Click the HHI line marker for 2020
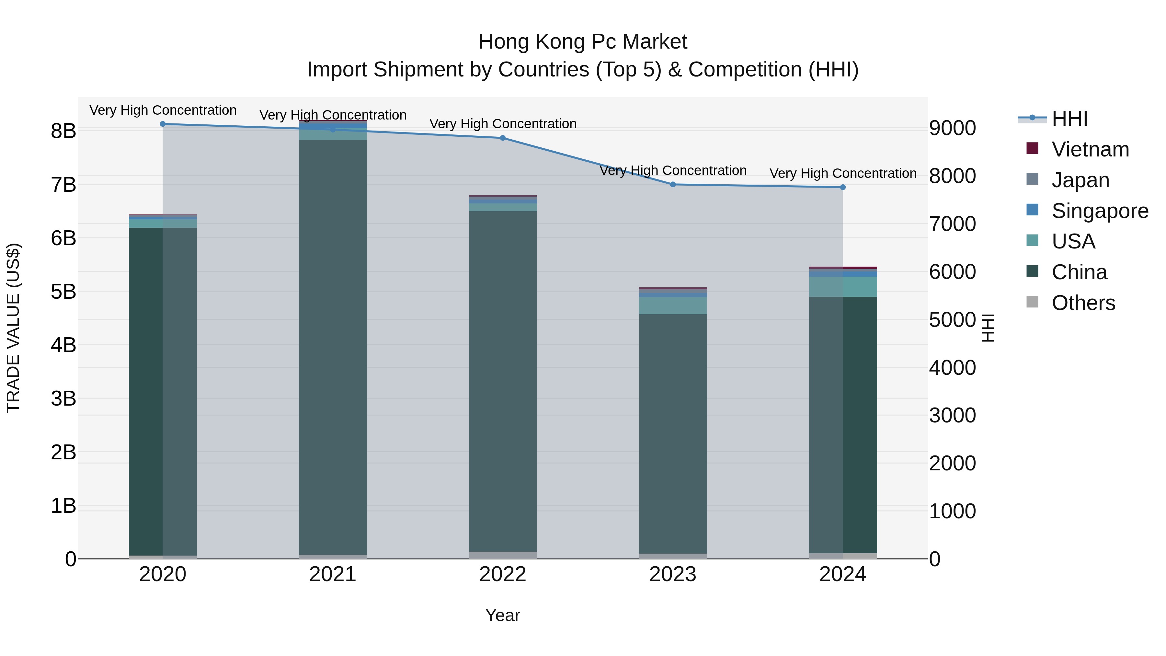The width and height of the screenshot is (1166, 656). (163, 124)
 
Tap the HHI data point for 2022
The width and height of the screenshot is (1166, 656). (503, 138)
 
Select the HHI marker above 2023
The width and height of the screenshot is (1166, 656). (673, 184)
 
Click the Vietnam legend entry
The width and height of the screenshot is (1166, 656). (1090, 149)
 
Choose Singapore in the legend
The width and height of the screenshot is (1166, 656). (1100, 211)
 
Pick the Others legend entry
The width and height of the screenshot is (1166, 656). (1083, 303)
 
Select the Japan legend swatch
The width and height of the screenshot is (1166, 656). (1033, 179)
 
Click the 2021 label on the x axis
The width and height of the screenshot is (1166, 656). (333, 574)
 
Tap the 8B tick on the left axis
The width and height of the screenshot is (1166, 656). (63, 131)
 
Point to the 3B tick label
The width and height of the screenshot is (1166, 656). (63, 399)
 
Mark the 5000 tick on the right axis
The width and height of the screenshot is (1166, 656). (952, 320)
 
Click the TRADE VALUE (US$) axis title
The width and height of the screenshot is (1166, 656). (14, 328)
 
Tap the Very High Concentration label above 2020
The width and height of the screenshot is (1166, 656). (163, 110)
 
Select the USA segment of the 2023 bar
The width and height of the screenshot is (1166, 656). (673, 305)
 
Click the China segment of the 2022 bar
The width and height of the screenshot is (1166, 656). (503, 380)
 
